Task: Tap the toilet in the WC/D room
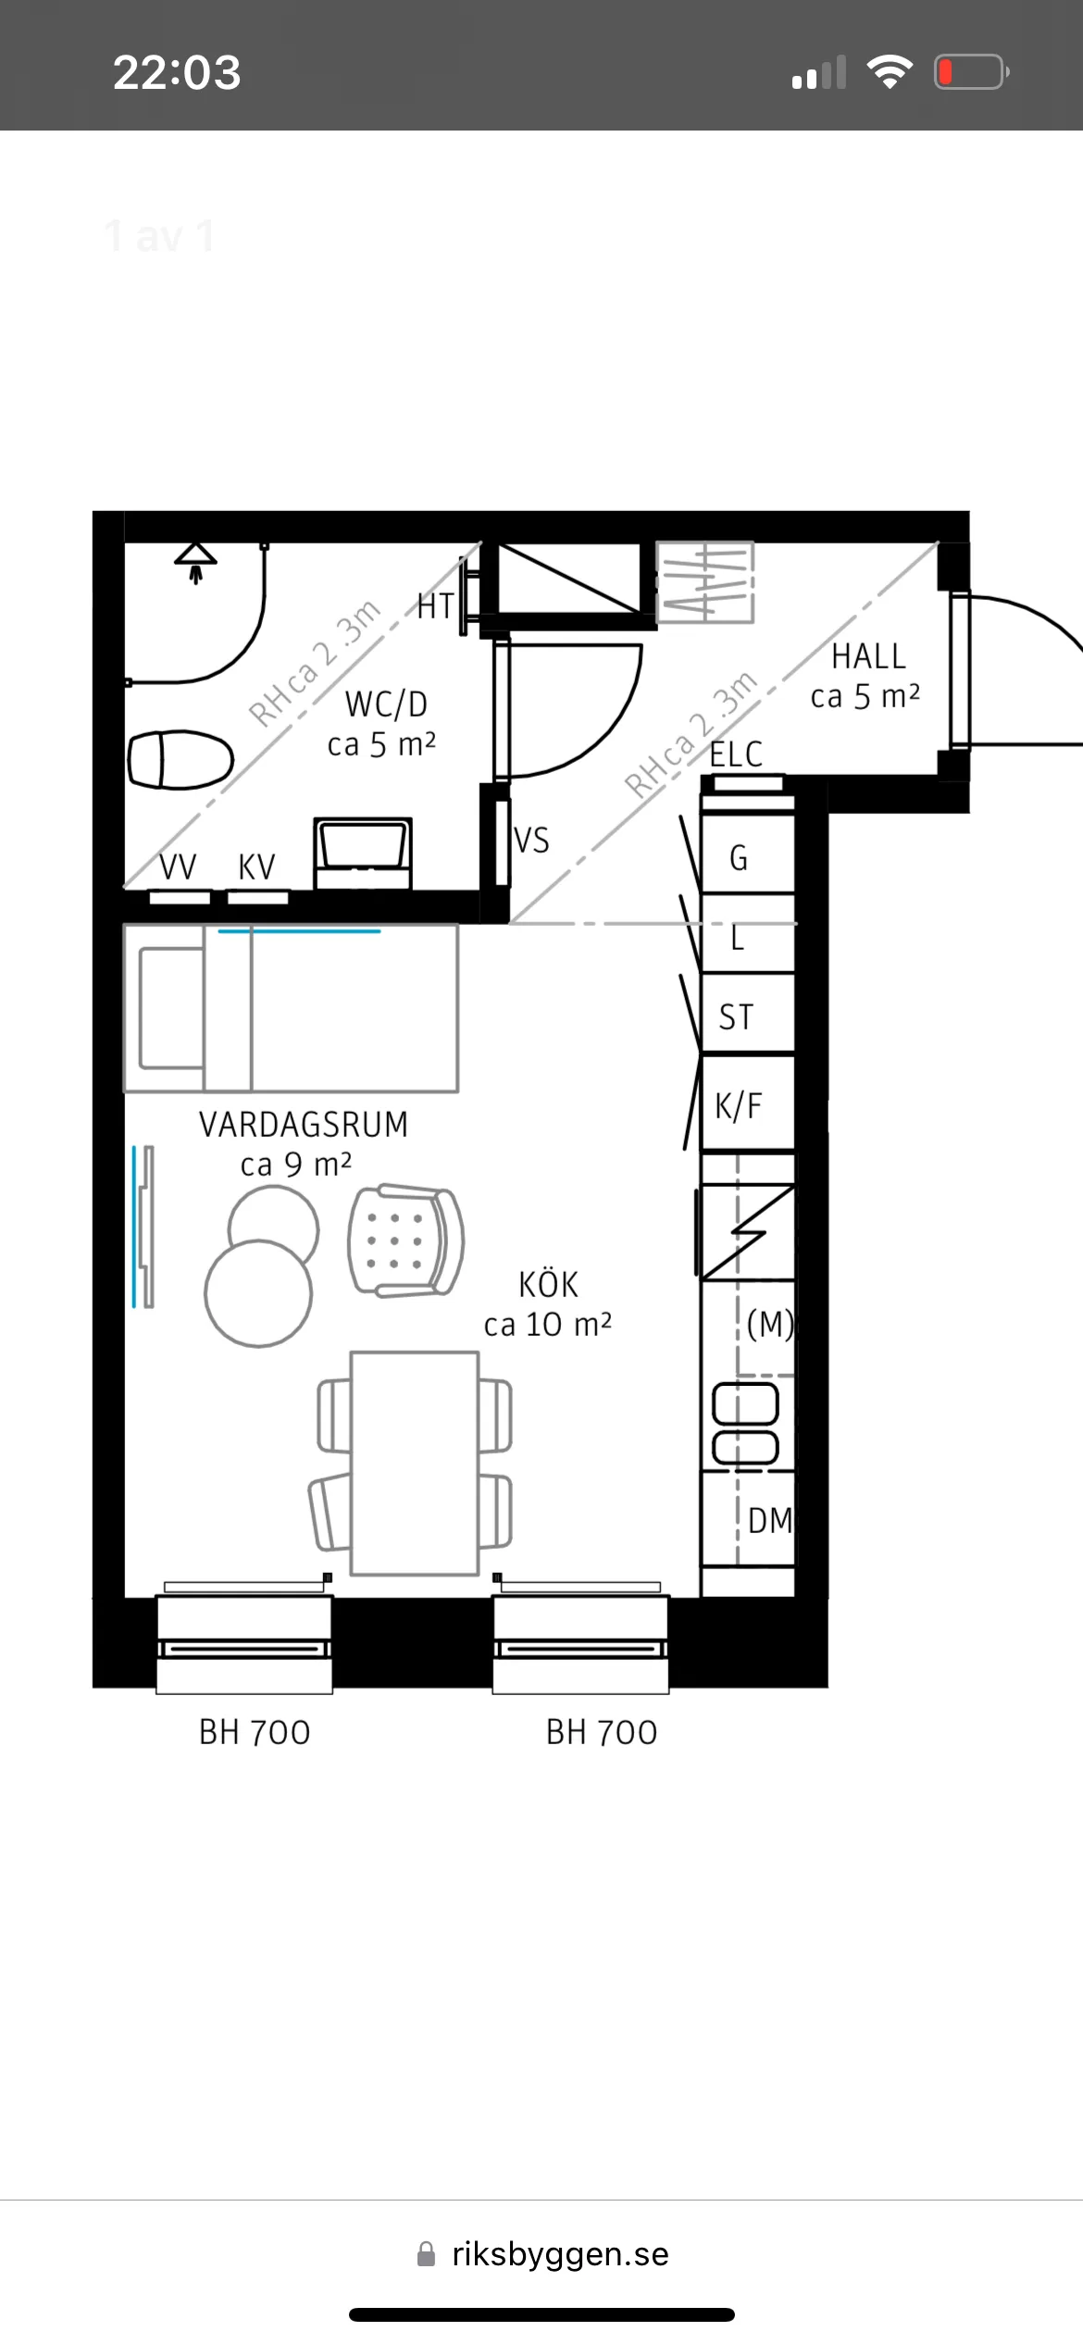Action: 180,759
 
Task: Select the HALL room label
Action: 868,656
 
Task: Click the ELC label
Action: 736,754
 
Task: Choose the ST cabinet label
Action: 736,1017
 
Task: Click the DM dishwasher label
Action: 770,1520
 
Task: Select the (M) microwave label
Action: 770,1325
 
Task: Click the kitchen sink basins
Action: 745,1424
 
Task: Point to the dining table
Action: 415,1463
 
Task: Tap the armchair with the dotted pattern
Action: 405,1241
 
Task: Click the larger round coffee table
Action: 258,1293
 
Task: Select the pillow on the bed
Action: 171,1008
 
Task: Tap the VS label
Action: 531,841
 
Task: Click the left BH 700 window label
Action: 255,1732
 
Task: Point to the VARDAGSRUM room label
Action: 304,1124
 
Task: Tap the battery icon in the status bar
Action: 971,71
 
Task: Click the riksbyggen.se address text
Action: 560,2253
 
